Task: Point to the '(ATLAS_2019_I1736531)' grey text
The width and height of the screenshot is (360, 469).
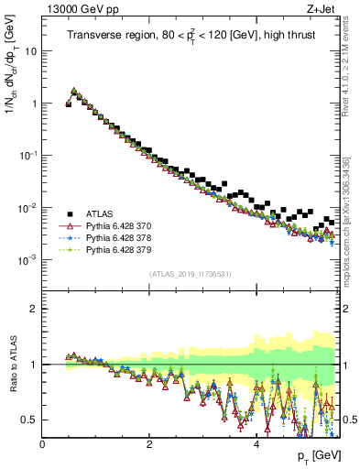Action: point(190,274)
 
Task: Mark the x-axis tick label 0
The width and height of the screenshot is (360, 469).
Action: point(43,444)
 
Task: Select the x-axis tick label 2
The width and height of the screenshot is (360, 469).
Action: point(149,444)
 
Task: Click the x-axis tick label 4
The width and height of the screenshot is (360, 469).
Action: point(256,444)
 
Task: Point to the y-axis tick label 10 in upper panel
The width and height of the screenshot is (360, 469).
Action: point(31,51)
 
